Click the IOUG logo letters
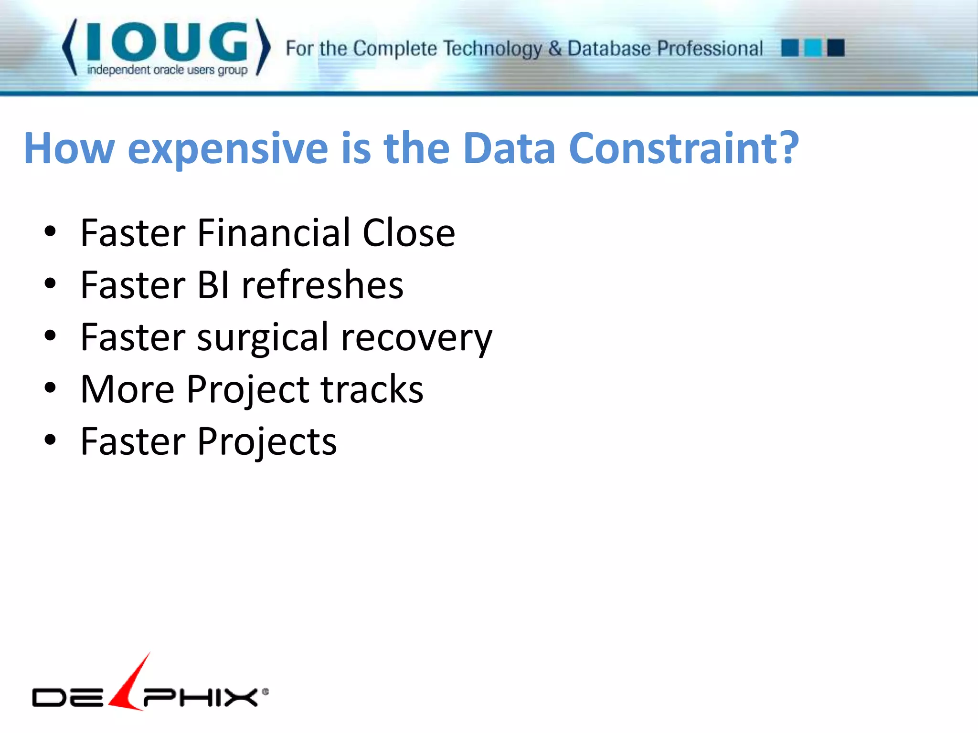point(167,42)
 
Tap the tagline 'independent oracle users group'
point(167,70)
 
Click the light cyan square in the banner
point(813,48)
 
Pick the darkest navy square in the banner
point(836,48)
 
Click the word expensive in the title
point(228,149)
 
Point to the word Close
point(408,233)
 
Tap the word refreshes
point(322,285)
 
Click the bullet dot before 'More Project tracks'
point(50,388)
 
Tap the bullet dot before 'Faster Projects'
point(50,440)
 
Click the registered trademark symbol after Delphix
point(266,691)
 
